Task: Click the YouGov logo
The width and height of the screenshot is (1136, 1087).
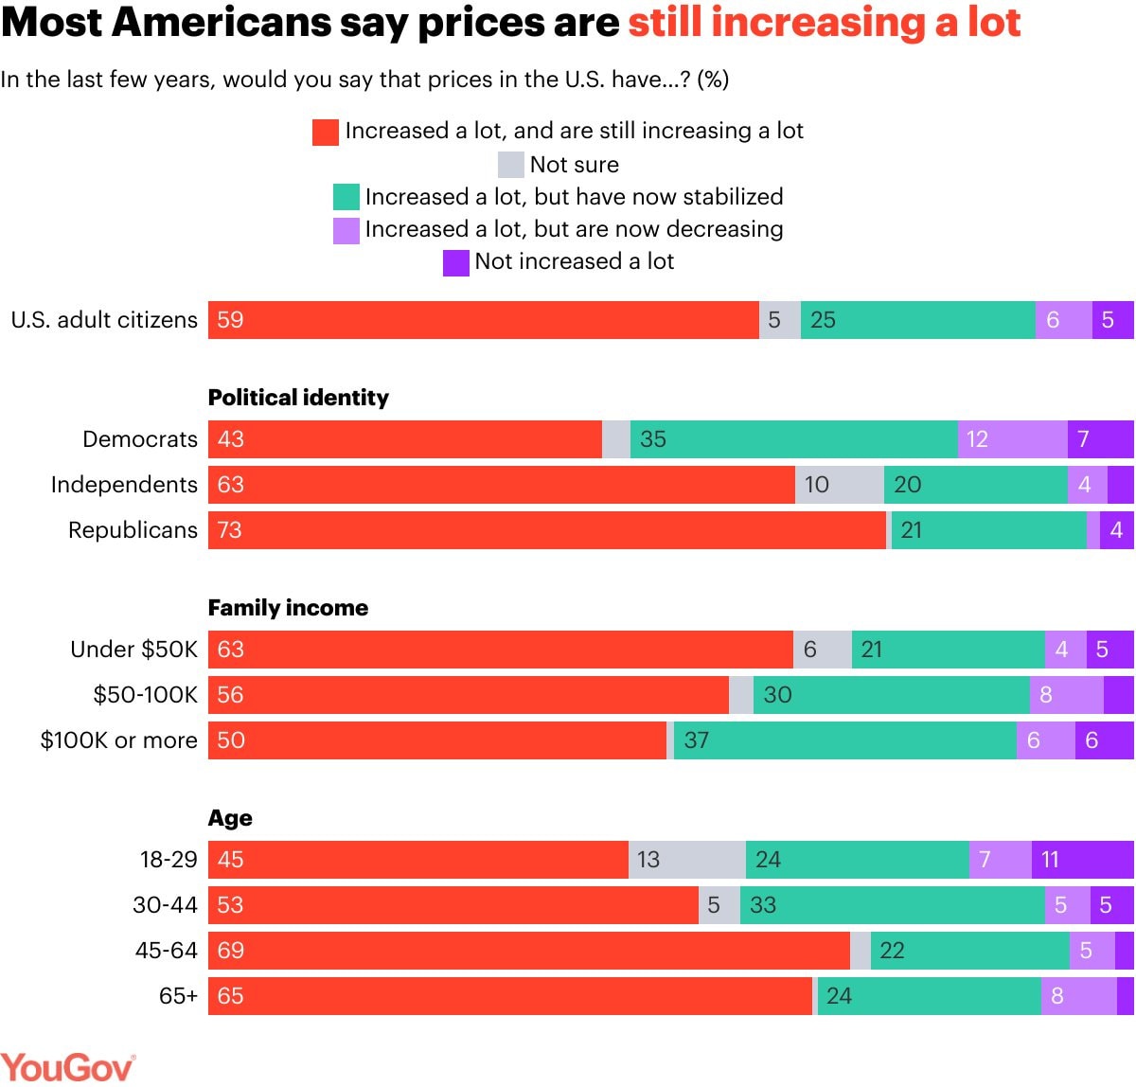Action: pos(67,1067)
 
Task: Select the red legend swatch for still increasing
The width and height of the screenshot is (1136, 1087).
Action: pos(326,132)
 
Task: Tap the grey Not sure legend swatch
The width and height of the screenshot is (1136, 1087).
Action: pos(511,165)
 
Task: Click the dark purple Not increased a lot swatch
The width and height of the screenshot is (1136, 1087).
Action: pos(456,262)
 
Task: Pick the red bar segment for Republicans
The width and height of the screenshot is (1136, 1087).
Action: pos(547,530)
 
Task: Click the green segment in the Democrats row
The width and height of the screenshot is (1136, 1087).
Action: pos(793,439)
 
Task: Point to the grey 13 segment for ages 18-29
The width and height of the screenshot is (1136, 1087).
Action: pos(686,860)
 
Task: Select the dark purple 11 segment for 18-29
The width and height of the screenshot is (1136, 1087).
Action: pos(1082,860)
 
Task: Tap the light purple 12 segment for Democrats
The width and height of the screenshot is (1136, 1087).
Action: pos(1012,439)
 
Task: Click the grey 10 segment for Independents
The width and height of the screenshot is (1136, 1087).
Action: pos(839,485)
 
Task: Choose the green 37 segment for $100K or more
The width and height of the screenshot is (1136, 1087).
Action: pos(844,740)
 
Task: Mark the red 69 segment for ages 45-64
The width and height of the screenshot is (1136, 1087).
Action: pos(528,951)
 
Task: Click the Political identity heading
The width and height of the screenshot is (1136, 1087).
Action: pos(298,398)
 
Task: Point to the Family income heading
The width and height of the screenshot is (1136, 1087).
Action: pos(288,608)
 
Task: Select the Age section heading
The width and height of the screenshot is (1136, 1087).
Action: pos(230,818)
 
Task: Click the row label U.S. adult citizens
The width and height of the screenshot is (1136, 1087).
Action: pos(104,320)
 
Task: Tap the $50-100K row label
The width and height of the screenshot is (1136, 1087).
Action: pos(145,695)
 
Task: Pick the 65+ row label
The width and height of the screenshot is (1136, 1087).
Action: pos(178,996)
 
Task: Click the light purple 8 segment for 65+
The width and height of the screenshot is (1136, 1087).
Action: pos(1078,996)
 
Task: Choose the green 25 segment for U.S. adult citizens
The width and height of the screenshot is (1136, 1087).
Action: pos(917,320)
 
